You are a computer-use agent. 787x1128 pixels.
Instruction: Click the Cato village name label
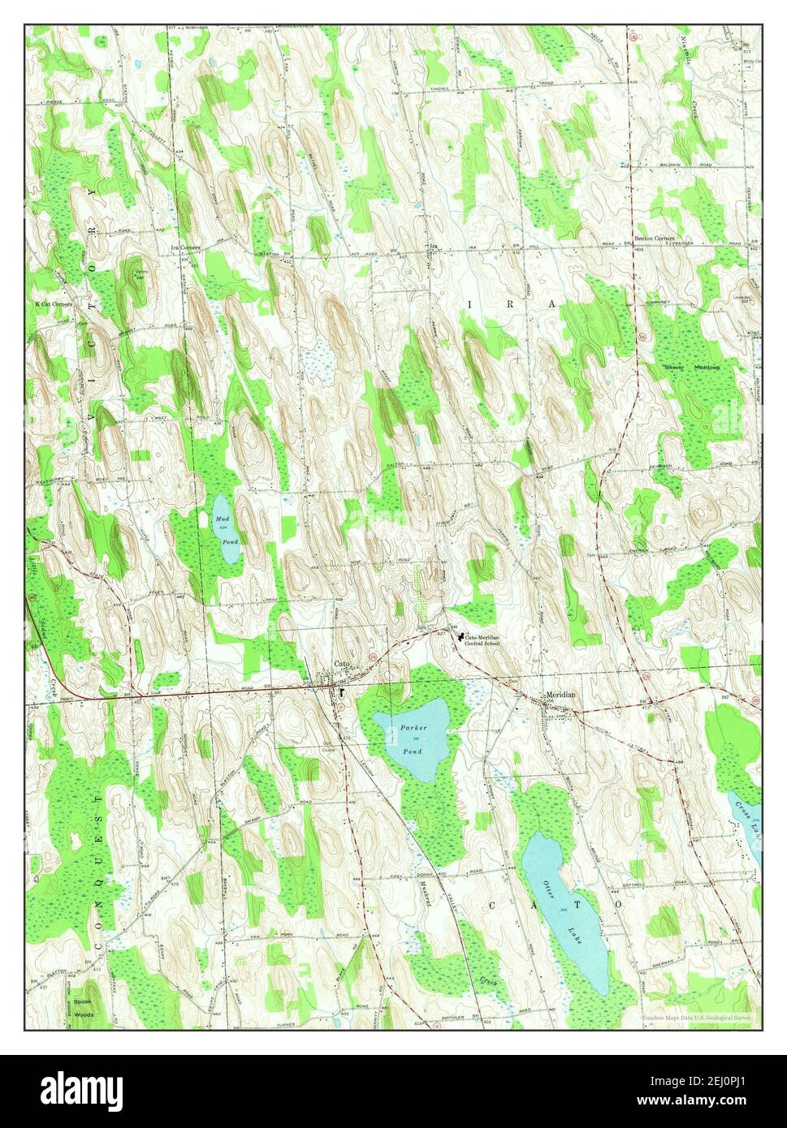(343, 665)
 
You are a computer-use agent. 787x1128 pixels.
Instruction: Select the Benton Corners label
(655, 239)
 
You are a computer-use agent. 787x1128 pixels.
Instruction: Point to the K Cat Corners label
(53, 304)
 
